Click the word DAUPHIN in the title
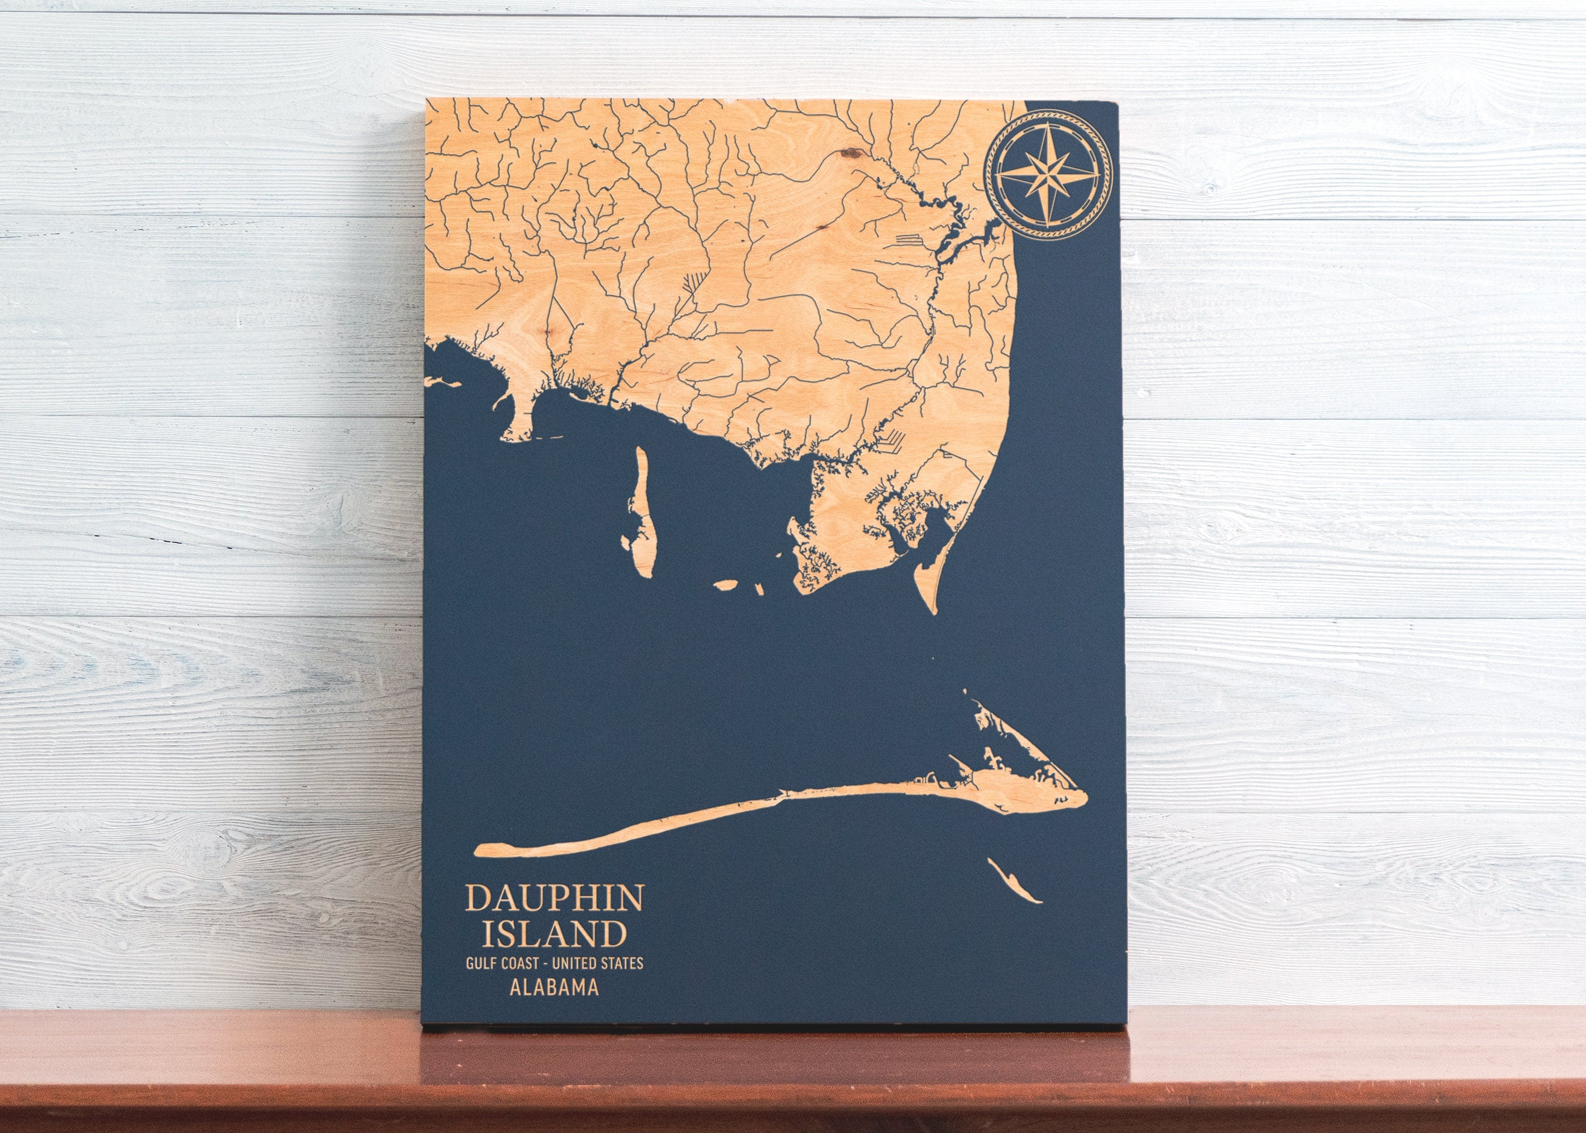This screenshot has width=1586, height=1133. (555, 898)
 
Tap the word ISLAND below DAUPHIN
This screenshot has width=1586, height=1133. (555, 934)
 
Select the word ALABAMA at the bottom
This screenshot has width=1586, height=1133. (555, 988)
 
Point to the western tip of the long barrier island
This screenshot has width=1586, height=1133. (477, 850)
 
